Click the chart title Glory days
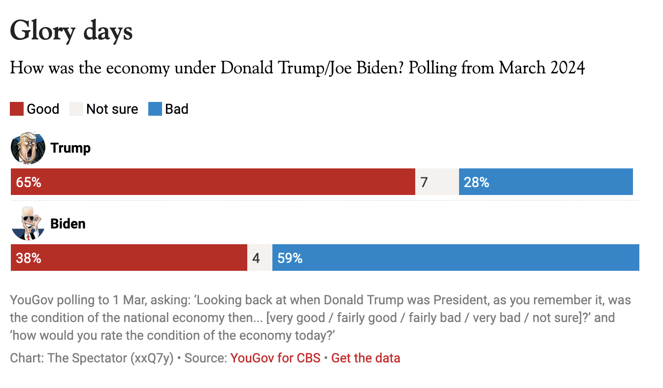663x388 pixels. coord(71,31)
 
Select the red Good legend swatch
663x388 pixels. coord(17,109)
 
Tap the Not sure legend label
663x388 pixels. coord(112,109)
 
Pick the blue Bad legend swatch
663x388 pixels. coord(155,109)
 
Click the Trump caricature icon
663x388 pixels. coord(28,148)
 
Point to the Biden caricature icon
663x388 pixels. coord(28,223)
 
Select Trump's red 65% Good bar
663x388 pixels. coord(213,182)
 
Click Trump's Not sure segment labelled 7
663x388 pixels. coord(437,182)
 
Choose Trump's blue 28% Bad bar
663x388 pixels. coord(546,182)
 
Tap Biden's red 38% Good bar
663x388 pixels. coord(129,258)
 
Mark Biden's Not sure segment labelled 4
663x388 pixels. coord(260,258)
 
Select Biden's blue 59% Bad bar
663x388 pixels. coord(456,258)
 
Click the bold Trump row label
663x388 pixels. coord(70,148)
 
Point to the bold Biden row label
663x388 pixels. coord(68,224)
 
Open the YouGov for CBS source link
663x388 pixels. coord(275,358)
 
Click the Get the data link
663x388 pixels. coord(365,358)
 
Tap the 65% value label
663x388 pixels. coord(29,182)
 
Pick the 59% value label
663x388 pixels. coord(290,258)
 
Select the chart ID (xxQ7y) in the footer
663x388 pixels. coord(152,358)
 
